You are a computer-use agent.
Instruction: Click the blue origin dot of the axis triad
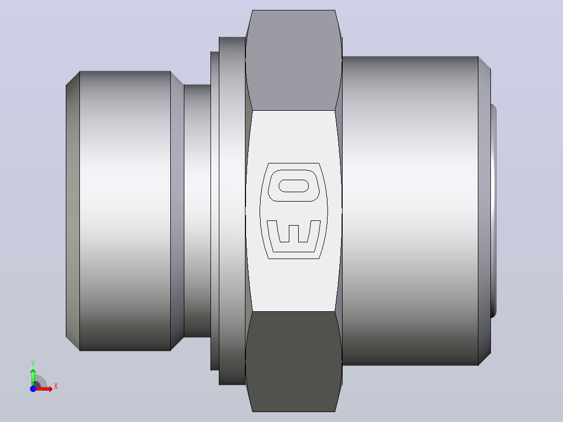click(x=33, y=389)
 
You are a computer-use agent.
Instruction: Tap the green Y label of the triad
click(x=33, y=364)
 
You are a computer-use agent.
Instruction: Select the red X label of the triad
click(x=56, y=386)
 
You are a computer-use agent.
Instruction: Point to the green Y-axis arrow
click(x=33, y=377)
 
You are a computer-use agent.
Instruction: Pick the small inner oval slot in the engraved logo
click(x=294, y=186)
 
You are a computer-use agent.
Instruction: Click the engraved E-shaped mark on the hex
click(x=294, y=236)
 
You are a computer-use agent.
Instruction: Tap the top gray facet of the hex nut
click(x=294, y=60)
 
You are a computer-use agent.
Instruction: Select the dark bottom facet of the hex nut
click(x=294, y=361)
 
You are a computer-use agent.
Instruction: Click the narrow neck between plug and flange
click(x=197, y=211)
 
